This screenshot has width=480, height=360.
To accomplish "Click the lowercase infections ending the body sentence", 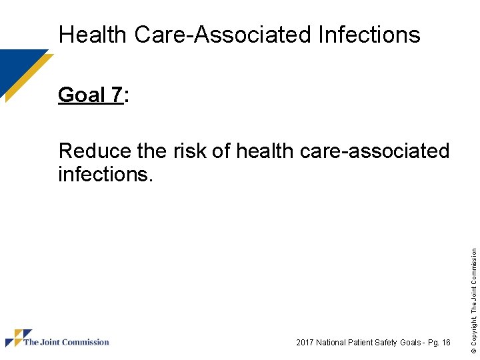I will (x=103, y=175).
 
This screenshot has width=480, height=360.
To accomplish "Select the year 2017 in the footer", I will (x=305, y=343).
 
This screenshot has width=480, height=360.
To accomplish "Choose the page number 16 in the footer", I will (x=446, y=343).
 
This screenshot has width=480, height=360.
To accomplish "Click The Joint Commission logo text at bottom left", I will (x=66, y=342).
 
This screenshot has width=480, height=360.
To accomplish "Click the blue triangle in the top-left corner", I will (x=16, y=67).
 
